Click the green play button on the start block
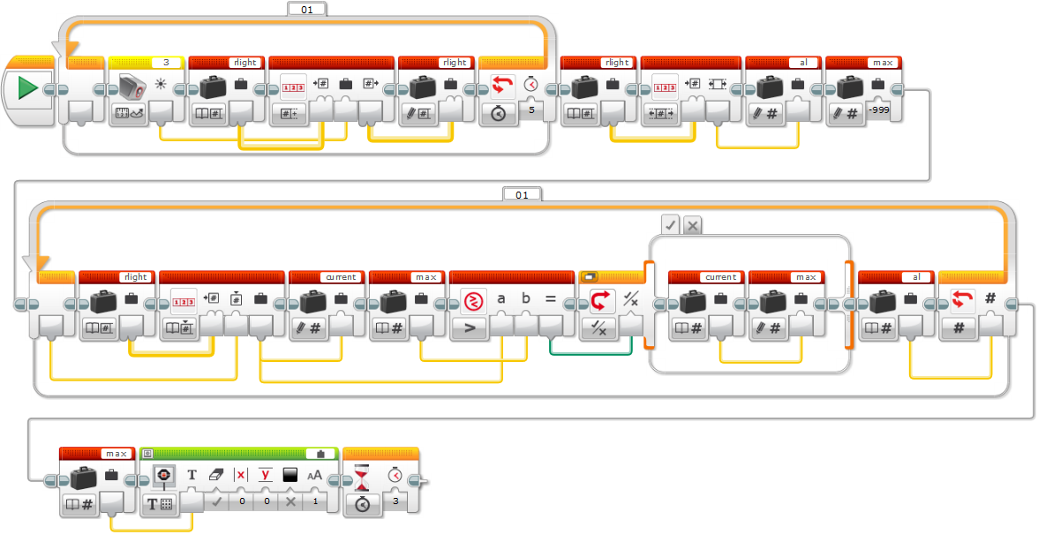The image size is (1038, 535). [x=28, y=88]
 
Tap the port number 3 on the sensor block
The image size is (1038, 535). [x=166, y=63]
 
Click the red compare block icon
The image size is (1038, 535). [x=474, y=300]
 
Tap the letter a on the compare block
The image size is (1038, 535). [x=501, y=299]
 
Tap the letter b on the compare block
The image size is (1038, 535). [x=526, y=299]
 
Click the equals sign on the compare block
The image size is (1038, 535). [x=551, y=299]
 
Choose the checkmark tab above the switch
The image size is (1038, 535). [x=671, y=226]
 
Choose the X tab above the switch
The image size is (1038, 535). [x=693, y=226]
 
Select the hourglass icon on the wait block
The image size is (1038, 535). [x=362, y=475]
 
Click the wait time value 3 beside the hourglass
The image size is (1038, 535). [x=395, y=501]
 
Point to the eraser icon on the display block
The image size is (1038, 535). [x=216, y=475]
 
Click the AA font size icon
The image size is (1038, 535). [x=314, y=475]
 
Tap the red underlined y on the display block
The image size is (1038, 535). [x=265, y=475]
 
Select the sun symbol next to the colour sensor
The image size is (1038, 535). [x=161, y=85]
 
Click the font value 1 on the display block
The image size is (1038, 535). [x=314, y=501]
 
